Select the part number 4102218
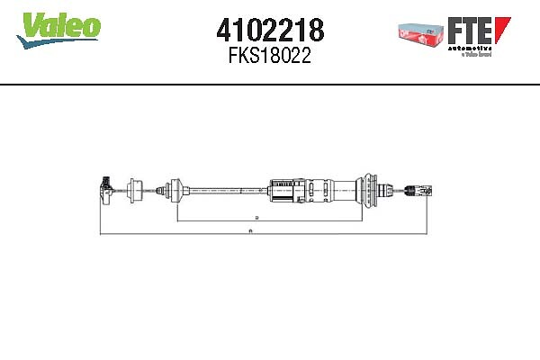[x=269, y=31]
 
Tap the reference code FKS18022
[x=269, y=56]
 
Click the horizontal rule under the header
[x=270, y=85]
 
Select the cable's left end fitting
[x=104, y=187]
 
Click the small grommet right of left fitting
[x=137, y=189]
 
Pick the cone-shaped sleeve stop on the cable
[x=175, y=189]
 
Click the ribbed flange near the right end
[x=368, y=189]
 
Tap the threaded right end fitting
[x=416, y=189]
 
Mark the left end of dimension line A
[x=99, y=234]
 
